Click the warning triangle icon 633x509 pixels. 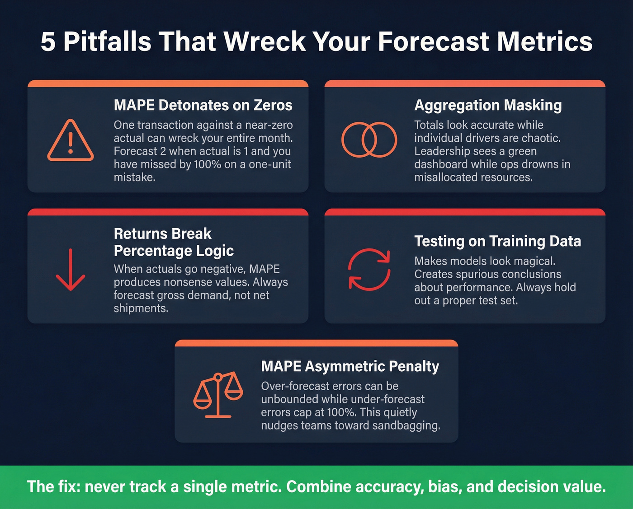coord(71,141)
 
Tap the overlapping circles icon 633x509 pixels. coord(369,140)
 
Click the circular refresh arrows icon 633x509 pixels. coord(369,269)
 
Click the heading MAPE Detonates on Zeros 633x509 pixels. coord(203,105)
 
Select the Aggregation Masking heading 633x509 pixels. coord(488,105)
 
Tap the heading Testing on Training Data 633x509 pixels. coord(497,241)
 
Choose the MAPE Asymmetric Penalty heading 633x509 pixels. coord(350,366)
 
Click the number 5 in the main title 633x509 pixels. coord(48,42)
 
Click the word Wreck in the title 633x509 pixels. coord(265,42)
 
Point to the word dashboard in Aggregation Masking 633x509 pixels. coord(441,164)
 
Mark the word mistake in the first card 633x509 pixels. coord(134,177)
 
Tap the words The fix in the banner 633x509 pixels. coord(53,487)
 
